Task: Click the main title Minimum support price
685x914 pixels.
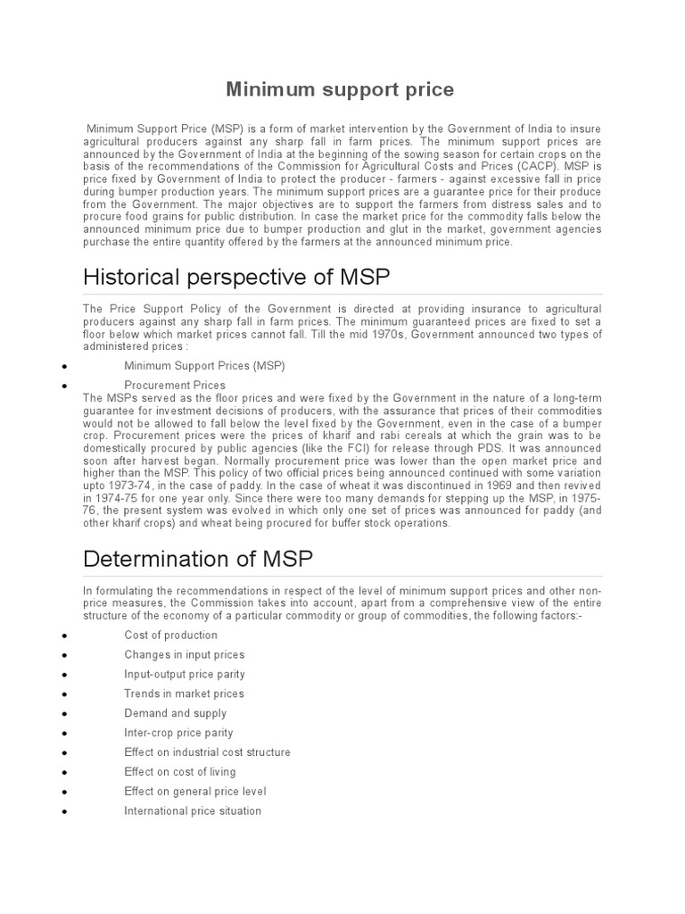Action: coord(340,89)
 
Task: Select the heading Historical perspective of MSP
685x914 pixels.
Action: coord(236,277)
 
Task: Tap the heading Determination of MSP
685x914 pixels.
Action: coord(197,559)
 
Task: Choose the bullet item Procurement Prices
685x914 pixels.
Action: coord(175,385)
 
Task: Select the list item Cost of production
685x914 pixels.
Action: coord(170,635)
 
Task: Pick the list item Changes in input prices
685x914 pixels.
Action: coord(184,654)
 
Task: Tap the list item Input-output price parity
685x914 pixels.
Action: coord(185,674)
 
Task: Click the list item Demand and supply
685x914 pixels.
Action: coord(175,713)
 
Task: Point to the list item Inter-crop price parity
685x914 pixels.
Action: coord(181,733)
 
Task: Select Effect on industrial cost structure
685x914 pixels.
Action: coord(207,752)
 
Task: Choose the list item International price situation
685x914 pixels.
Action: coord(193,811)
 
